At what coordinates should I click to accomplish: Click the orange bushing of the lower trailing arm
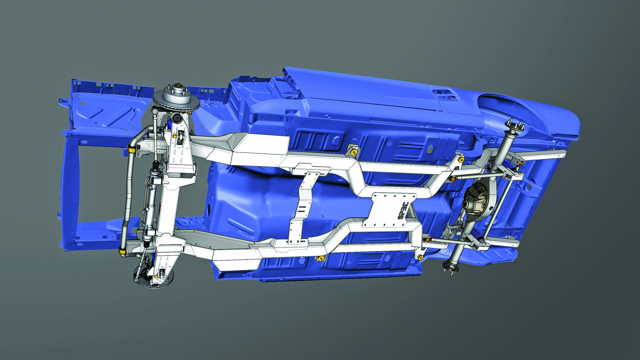(x=428, y=239)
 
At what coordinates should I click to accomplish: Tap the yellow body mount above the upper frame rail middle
(x=353, y=152)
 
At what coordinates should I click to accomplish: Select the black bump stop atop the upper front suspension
(x=177, y=118)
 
